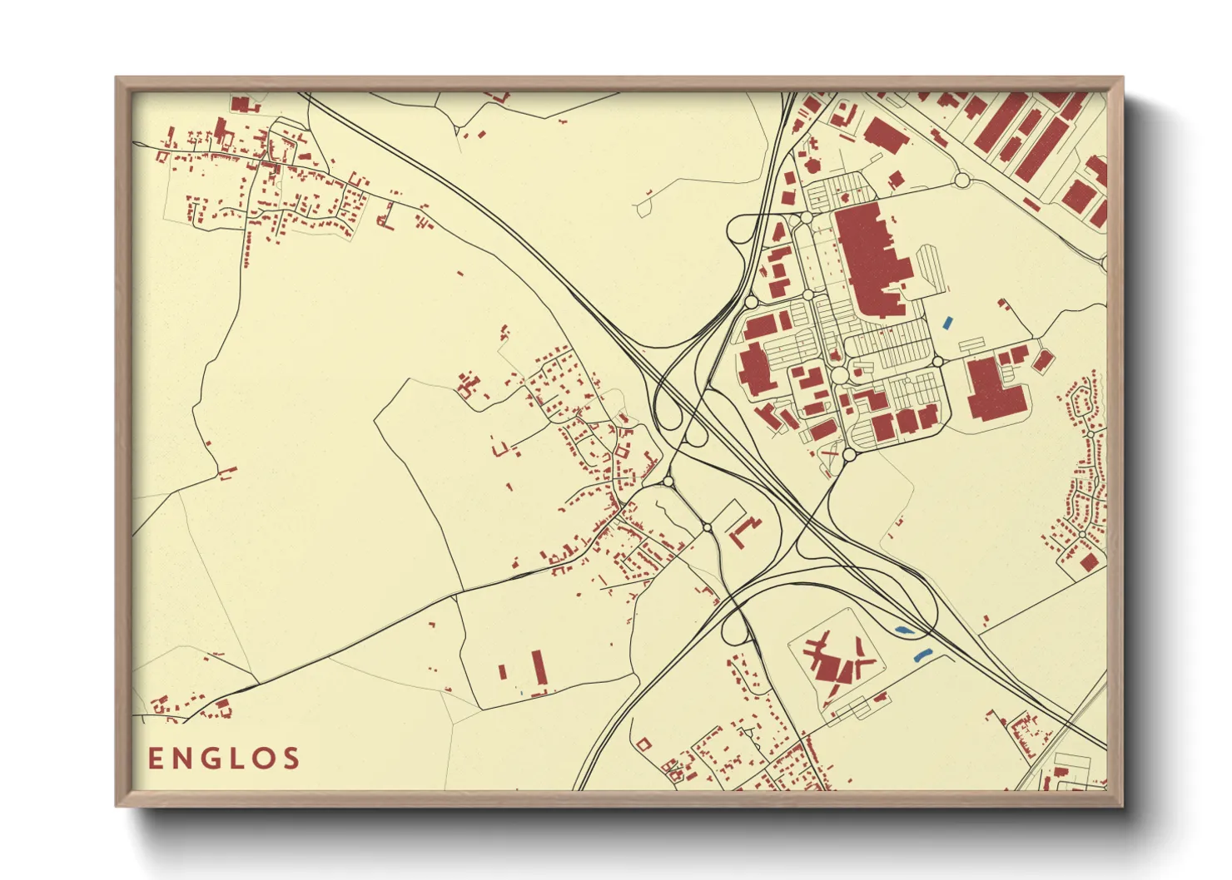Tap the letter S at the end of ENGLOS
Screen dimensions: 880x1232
click(291, 759)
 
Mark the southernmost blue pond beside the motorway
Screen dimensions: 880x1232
click(922, 655)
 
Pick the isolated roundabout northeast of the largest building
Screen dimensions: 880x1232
click(962, 180)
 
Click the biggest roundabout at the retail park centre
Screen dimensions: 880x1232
click(840, 377)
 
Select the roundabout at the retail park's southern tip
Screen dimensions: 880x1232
click(849, 454)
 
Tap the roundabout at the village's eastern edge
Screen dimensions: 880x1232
click(668, 482)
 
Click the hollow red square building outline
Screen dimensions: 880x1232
click(643, 744)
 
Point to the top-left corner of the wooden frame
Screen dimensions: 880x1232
click(117, 78)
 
